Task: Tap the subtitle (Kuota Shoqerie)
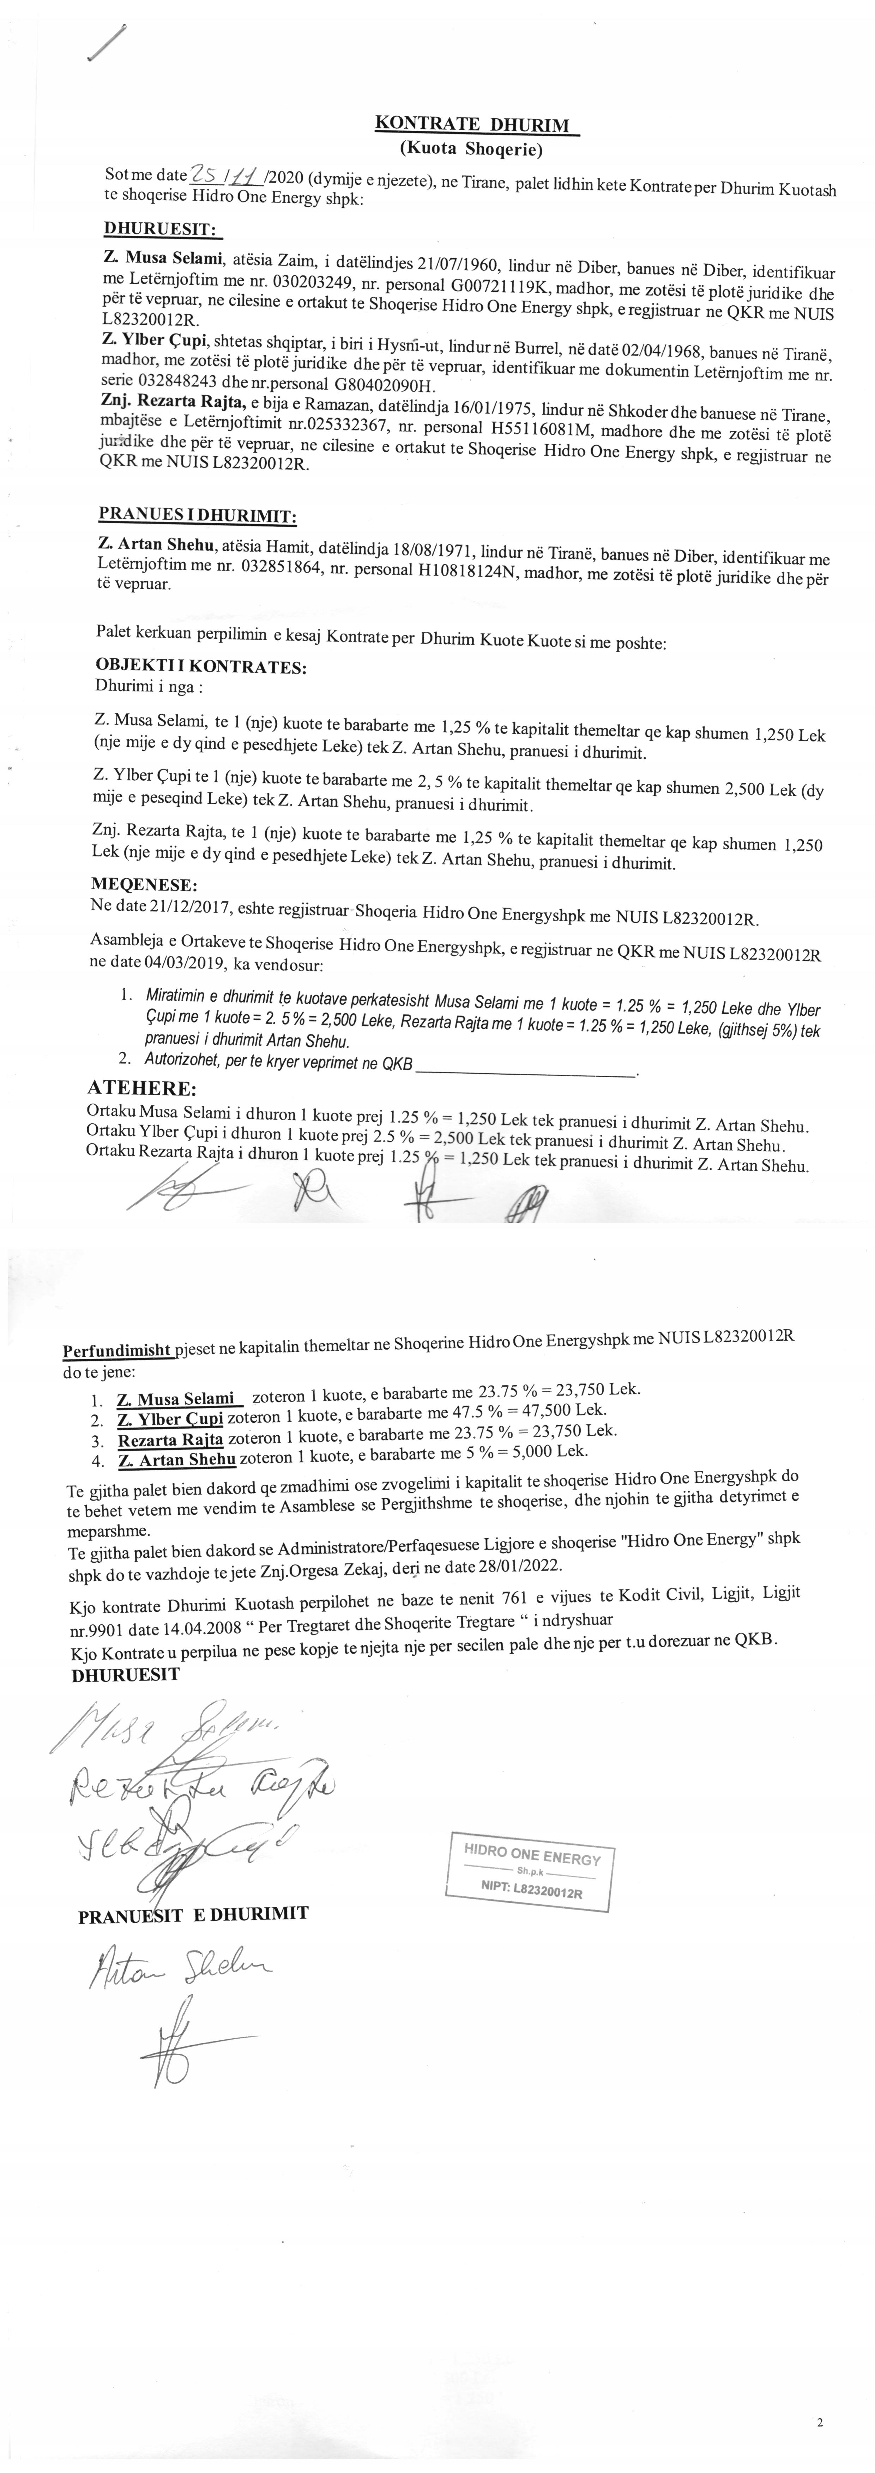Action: pos(471,150)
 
